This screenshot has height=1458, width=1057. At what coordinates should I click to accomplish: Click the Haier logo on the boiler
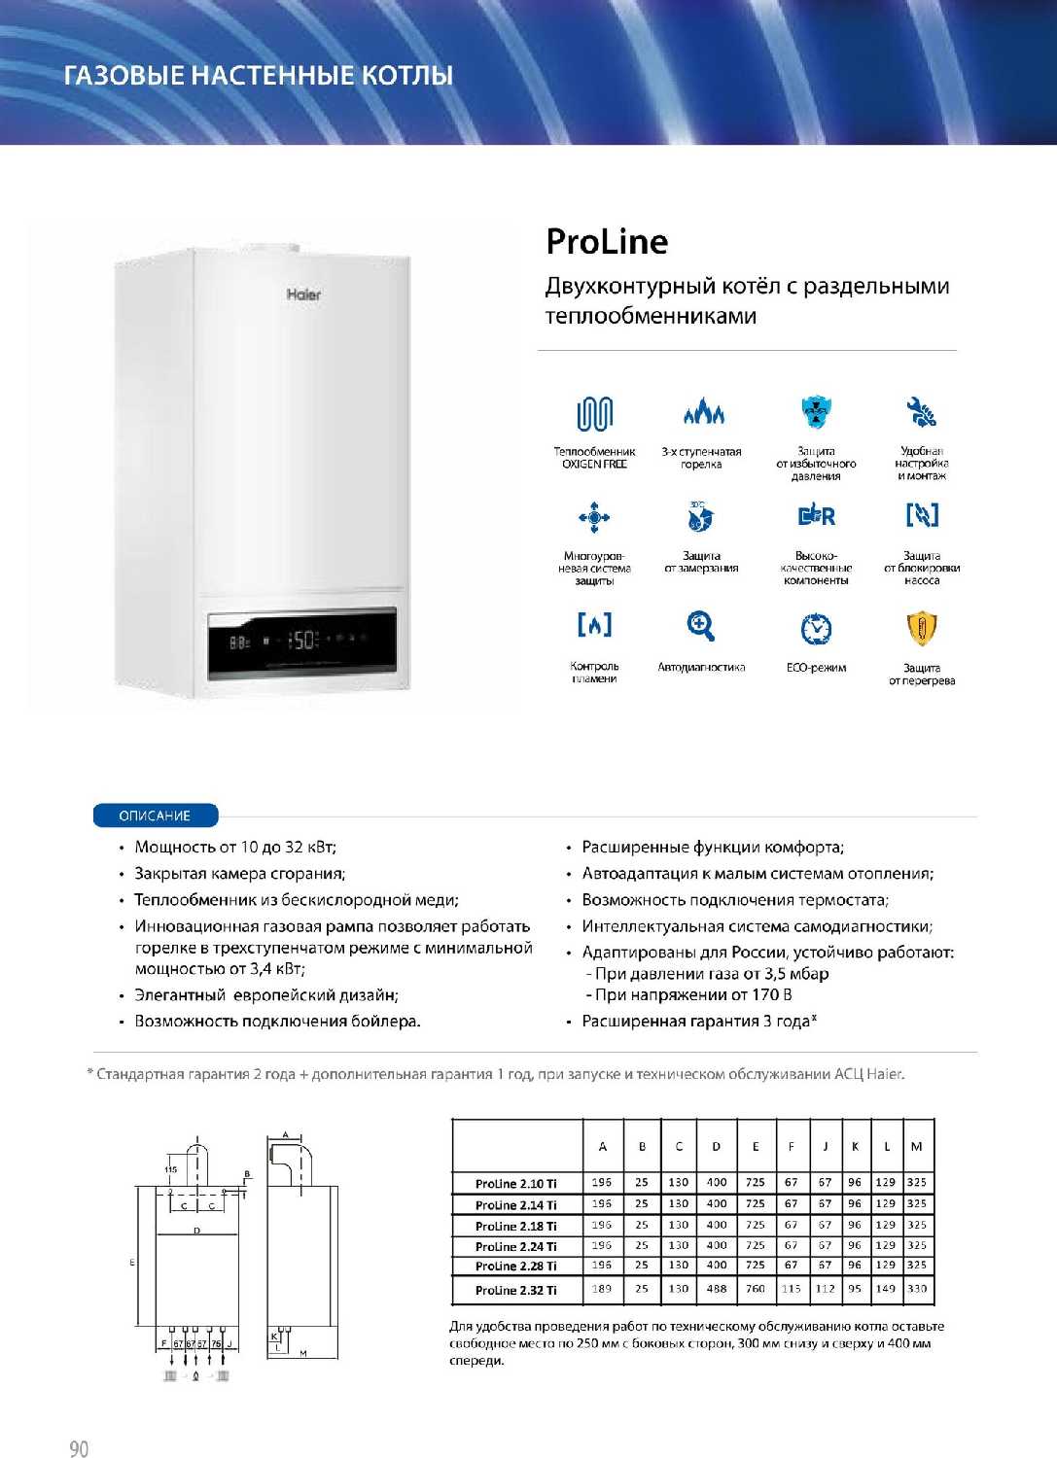(303, 294)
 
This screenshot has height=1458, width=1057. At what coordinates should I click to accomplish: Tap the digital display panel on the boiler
(302, 641)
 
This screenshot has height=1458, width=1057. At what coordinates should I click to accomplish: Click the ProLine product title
(607, 242)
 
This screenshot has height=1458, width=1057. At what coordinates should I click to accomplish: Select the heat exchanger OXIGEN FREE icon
(594, 414)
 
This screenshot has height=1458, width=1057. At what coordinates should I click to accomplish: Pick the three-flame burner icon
(702, 412)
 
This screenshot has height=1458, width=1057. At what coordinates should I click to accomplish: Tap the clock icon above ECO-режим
(816, 629)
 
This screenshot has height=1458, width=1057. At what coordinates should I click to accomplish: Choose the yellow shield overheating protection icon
(921, 628)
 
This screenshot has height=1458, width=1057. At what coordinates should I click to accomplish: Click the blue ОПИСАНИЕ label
(155, 816)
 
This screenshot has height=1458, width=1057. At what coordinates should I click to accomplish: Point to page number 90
(79, 1448)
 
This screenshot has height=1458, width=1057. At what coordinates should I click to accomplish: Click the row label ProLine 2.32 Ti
(515, 1290)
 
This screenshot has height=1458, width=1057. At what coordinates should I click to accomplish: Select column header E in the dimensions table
(756, 1147)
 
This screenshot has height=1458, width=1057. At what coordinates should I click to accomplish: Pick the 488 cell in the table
(717, 1289)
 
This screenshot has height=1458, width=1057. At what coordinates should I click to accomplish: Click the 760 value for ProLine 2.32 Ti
(756, 1289)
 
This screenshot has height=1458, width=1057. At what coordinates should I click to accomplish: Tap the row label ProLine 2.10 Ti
(515, 1183)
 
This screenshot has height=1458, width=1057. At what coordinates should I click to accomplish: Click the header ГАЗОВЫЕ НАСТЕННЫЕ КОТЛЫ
(259, 75)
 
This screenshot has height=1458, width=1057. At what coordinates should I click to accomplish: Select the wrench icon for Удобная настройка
(921, 412)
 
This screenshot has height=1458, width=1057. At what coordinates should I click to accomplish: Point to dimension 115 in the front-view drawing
(171, 1169)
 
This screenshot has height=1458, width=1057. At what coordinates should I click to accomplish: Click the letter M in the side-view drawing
(303, 1353)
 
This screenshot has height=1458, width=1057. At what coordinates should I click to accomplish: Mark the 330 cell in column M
(917, 1289)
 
